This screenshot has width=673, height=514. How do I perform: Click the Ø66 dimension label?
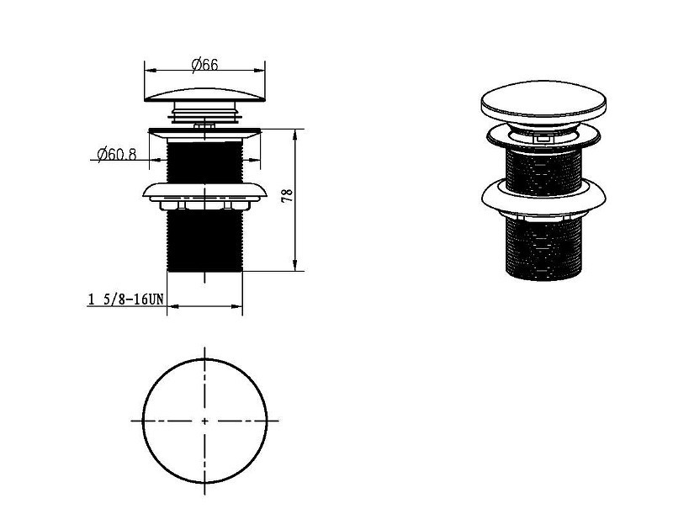204,66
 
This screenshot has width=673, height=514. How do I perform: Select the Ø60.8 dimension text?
117,154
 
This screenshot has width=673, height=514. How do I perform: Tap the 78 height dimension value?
288,196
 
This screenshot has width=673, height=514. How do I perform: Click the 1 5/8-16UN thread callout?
125,299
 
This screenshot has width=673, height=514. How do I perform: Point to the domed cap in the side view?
204,95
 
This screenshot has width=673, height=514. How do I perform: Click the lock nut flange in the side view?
204,192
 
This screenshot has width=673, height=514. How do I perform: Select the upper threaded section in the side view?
204,162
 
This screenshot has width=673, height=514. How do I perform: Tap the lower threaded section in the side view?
204,241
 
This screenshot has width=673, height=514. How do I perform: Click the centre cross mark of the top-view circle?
204,421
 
